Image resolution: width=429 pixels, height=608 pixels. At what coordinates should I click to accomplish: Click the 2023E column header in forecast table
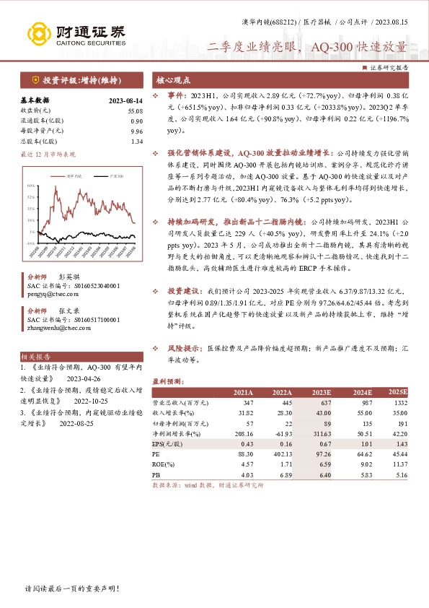(x=320, y=391)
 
